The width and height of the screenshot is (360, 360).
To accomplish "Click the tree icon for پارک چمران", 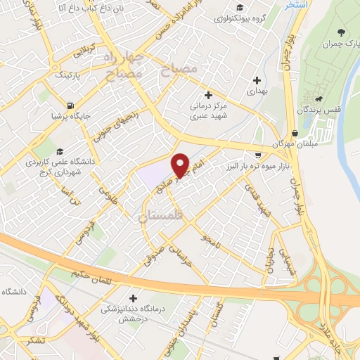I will tap(341, 32).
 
